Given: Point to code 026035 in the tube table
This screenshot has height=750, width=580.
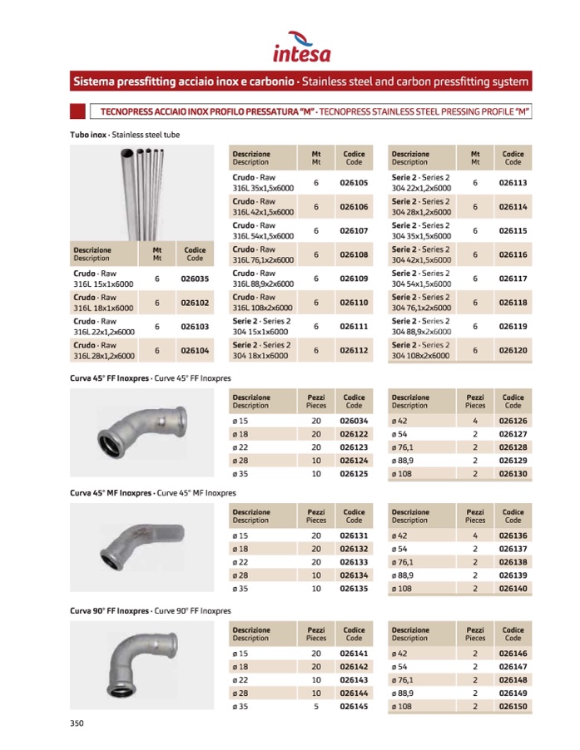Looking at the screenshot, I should click(195, 279).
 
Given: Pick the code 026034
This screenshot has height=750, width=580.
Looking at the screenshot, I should click(354, 422).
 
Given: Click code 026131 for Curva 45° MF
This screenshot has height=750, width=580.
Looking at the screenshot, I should click(354, 536).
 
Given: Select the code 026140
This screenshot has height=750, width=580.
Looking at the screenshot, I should click(513, 588).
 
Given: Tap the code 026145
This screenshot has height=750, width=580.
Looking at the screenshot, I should click(354, 707).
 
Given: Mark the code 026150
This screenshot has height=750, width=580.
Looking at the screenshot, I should click(513, 707).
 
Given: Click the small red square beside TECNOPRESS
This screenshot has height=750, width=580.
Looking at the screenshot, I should click(77, 110).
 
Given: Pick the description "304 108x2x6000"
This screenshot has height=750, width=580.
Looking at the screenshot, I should click(420, 356).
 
